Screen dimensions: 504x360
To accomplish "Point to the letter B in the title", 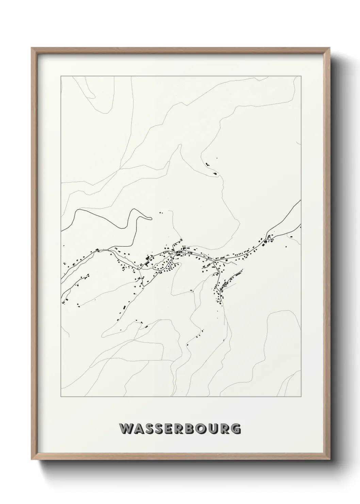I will pos(194,429).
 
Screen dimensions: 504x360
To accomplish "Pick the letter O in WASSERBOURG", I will pos(206,429).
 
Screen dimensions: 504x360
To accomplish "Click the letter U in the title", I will pos(218,429).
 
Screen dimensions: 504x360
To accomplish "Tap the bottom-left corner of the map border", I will pos(61,397).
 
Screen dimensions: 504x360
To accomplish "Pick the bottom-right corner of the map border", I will pos(301,397).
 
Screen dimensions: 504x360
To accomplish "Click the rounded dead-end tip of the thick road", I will pos(149,217).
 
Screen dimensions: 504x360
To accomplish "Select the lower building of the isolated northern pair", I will pos(215,173).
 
